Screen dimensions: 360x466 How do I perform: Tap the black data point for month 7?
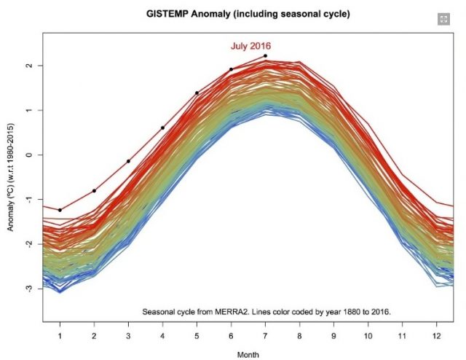265,56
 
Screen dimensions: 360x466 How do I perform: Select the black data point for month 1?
60,210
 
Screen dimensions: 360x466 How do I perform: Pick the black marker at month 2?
94,191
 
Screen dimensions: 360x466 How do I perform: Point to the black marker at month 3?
128,161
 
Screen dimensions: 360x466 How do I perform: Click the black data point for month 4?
162,128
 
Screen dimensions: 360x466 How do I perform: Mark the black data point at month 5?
197,93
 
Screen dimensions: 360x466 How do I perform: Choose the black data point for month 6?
231,69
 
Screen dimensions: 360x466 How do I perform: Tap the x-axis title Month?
248,353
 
